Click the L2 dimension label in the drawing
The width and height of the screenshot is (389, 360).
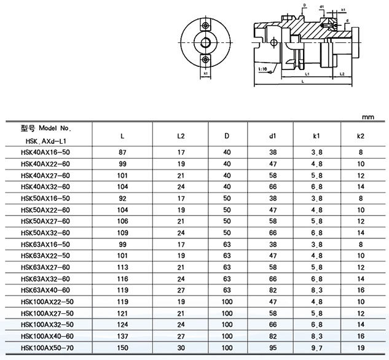pyautogui.click(x=342, y=74)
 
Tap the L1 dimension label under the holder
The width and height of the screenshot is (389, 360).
pyautogui.click(x=307, y=74)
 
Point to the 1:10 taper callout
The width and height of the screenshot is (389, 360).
pyautogui.click(x=262, y=69)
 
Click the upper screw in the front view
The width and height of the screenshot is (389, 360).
pyautogui.click(x=205, y=25)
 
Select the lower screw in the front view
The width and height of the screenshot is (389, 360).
pyautogui.click(x=205, y=60)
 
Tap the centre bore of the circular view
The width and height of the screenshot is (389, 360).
pyautogui.click(x=205, y=42)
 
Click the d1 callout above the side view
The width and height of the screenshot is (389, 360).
pyautogui.click(x=322, y=7)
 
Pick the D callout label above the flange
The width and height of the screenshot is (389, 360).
pyautogui.click(x=305, y=5)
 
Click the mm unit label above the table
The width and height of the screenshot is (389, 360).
pyautogui.click(x=368, y=117)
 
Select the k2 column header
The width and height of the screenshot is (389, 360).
pyautogui.click(x=361, y=136)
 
